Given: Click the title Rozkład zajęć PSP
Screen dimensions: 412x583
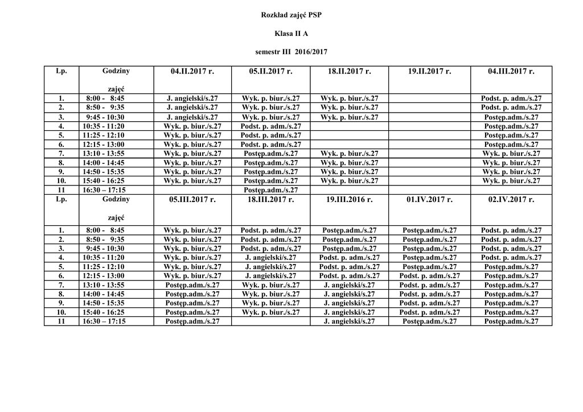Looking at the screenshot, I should pos(291,15).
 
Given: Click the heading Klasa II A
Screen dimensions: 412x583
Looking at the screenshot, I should pos(291,34).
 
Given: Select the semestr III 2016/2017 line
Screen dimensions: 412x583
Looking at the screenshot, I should pos(291,52).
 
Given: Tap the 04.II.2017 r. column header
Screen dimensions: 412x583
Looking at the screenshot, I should pos(192,71).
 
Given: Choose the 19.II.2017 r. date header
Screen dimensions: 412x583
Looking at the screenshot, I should pos(429,71).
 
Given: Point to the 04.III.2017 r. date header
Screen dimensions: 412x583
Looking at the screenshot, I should pos(511,71).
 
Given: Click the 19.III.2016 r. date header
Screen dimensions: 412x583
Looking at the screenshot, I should pos(350,199).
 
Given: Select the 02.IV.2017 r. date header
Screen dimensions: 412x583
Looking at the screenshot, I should pos(511,199).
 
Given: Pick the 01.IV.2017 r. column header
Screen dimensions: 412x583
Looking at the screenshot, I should pos(429,199).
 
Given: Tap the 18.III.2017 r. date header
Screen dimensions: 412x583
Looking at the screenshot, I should pos(271,199).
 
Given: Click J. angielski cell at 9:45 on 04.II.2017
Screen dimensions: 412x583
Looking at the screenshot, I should pos(192,117).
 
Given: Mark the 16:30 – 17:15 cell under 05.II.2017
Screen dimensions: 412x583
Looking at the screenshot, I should pos(271,190).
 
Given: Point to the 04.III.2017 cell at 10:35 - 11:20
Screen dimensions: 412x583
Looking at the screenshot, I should pos(511,126).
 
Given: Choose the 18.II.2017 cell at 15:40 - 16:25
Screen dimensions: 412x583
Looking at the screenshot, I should pos(350,181).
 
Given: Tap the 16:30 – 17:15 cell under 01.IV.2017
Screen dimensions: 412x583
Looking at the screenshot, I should pos(429,322).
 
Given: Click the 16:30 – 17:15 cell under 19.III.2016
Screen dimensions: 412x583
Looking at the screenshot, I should pos(350,322).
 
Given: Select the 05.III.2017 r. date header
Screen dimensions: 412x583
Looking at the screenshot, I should pos(192,199).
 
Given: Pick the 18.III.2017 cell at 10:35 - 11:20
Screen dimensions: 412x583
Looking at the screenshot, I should pos(271,257).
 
